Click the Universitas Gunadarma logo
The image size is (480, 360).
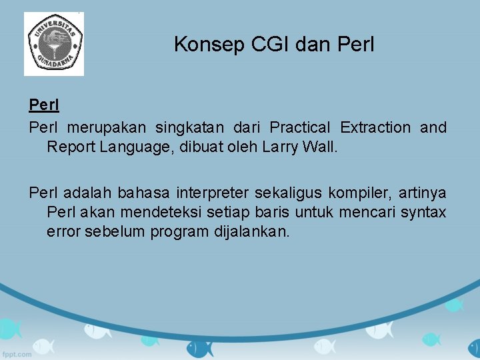[54, 44]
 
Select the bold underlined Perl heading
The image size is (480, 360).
[44, 106]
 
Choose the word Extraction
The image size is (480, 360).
[375, 127]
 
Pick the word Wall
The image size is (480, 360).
[318, 147]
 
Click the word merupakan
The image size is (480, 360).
[107, 127]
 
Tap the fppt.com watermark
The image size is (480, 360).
[17, 353]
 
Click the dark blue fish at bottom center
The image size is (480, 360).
[199, 347]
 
